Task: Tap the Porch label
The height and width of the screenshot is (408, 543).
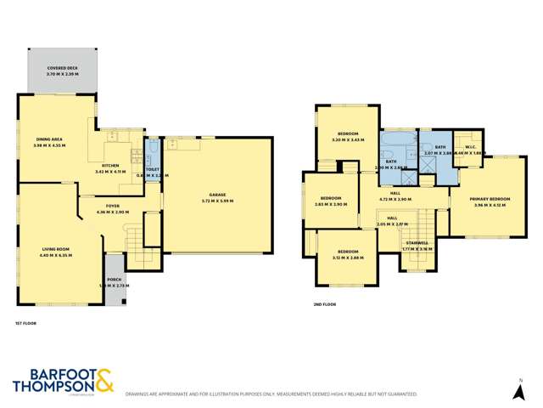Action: click(114, 283)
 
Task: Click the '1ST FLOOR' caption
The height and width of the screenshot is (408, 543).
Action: click(25, 323)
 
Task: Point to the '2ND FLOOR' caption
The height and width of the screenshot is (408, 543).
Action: click(324, 304)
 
